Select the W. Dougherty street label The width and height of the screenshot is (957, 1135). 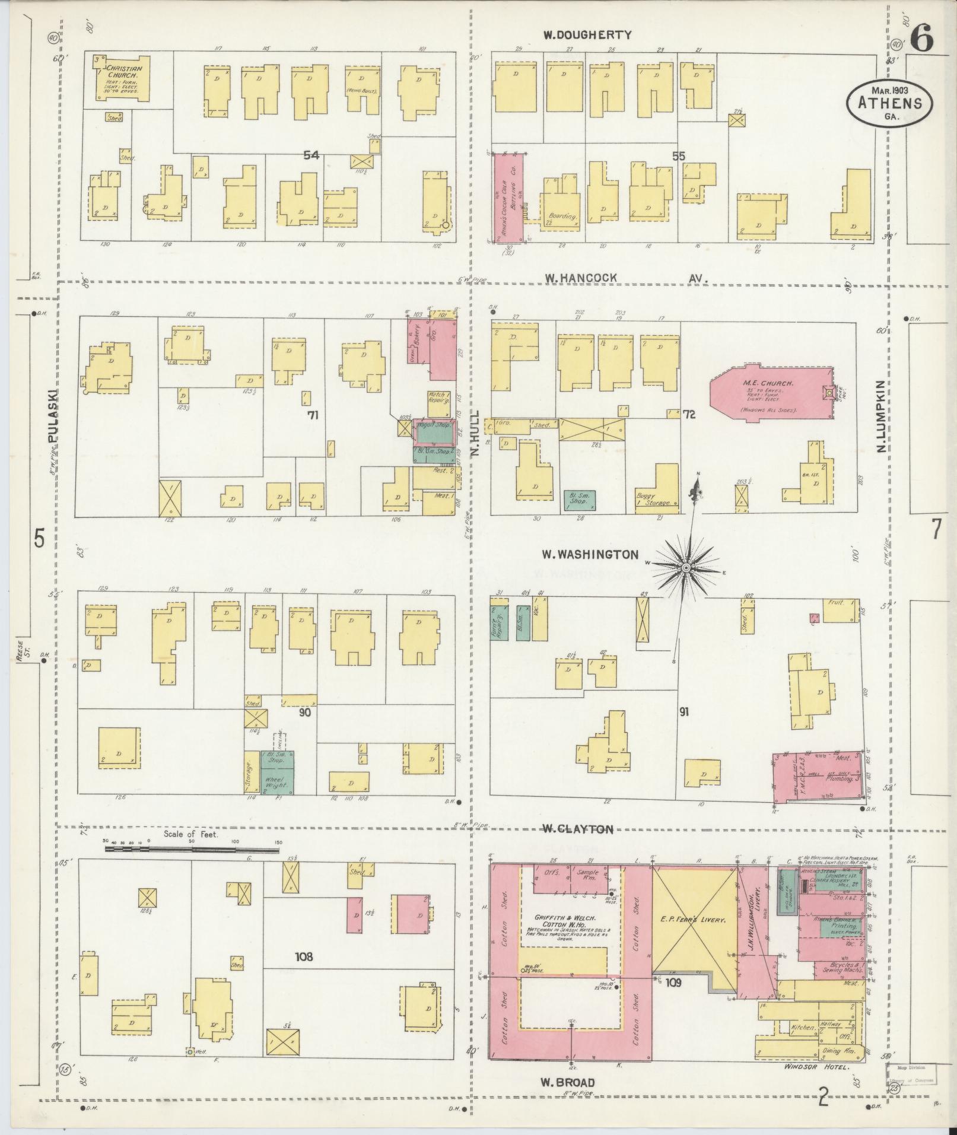[587, 35]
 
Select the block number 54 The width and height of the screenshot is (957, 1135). [311, 155]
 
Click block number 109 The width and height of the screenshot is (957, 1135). [673, 983]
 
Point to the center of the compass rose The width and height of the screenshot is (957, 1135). [686, 568]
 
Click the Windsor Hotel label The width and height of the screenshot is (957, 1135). [816, 1067]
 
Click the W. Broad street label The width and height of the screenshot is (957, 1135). [567, 1082]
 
